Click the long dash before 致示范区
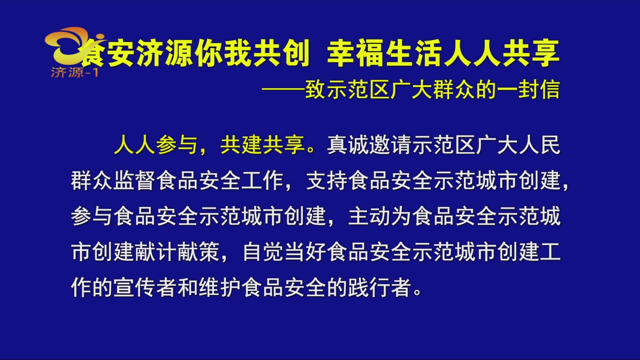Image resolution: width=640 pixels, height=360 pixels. click(283, 89)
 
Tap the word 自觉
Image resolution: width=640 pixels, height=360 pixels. click(263, 252)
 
